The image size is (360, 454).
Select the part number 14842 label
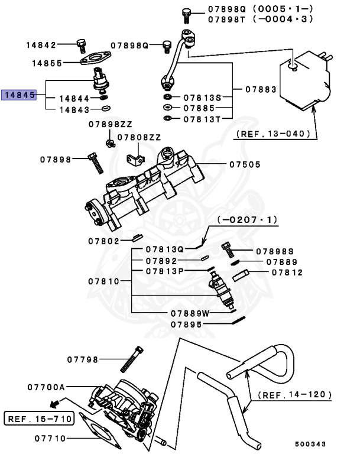pyautogui.click(x=41, y=45)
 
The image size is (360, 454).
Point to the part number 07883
pyautogui.click(x=260, y=89)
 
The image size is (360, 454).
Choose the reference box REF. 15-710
pyautogui.click(x=39, y=419)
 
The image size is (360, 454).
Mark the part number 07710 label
pyautogui.click(x=50, y=438)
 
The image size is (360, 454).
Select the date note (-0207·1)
pyautogui.click(x=248, y=219)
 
